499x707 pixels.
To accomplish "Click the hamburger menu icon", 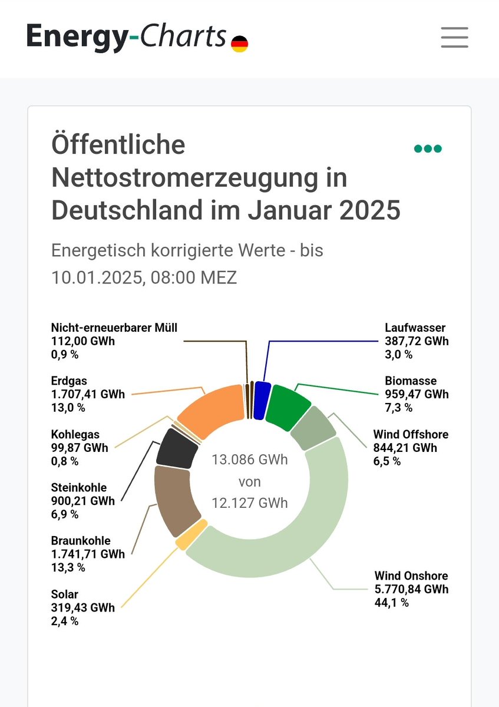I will pyautogui.click(x=454, y=38).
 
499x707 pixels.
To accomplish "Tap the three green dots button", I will pyautogui.click(x=428, y=148).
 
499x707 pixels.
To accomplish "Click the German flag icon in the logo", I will pyautogui.click(x=239, y=44).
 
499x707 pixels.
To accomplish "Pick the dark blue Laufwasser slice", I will pyautogui.click(x=262, y=400).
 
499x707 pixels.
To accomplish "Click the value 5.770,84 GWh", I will pyautogui.click(x=411, y=589).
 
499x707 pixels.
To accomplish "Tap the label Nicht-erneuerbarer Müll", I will pyautogui.click(x=114, y=328).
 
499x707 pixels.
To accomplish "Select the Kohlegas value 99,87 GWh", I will pyautogui.click(x=80, y=448).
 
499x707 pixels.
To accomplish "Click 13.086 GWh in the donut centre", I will pyautogui.click(x=250, y=460).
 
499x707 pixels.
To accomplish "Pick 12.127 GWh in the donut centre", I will pyautogui.click(x=250, y=503).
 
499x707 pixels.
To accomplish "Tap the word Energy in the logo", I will pyautogui.click(x=75, y=37).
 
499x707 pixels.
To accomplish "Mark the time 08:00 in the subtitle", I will pyautogui.click(x=174, y=277).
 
